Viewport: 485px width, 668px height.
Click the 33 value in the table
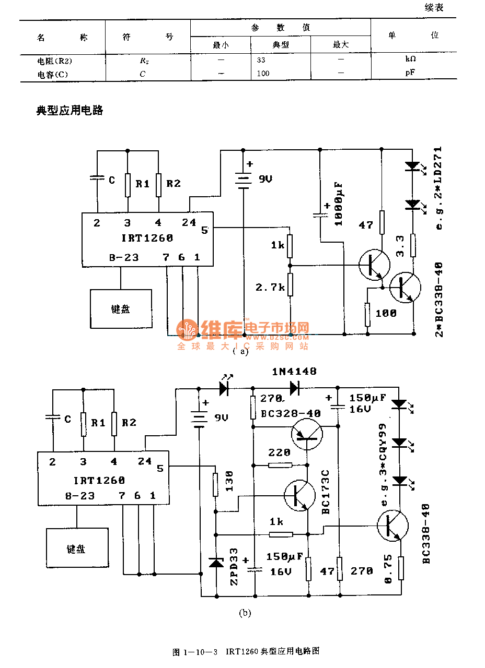pos(261,60)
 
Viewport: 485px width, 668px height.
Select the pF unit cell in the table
pos(410,73)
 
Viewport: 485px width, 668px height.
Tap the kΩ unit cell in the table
pos(410,59)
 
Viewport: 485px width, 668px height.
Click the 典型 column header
pos(281,45)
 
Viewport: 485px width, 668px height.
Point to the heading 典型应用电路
pos(70,110)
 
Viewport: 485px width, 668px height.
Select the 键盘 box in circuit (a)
pos(121,309)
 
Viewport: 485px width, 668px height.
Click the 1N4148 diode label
pos(294,372)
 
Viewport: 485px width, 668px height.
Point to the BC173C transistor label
pos(326,492)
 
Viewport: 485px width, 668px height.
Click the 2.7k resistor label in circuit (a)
pos(270,287)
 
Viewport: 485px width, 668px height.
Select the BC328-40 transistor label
pos(291,413)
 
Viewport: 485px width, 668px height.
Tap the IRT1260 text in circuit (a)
pos(148,238)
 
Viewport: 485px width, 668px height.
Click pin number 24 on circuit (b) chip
pos(145,461)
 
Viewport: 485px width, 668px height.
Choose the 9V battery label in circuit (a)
pos(265,179)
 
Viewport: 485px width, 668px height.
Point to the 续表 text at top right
pos(434,7)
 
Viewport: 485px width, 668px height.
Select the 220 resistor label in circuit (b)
pos(279,453)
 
